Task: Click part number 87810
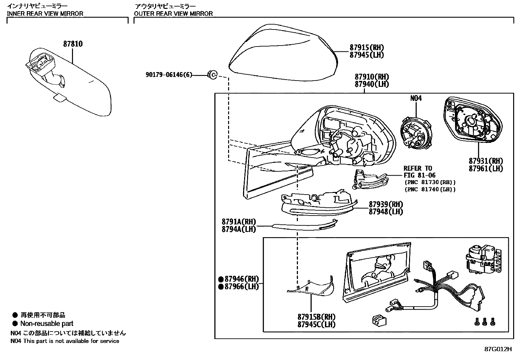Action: tap(73, 44)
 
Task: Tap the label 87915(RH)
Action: tap(367, 47)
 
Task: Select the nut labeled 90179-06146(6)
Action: tap(169, 75)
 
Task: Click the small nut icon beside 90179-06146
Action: tap(212, 75)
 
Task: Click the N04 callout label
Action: tap(416, 98)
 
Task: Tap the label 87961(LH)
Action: tap(486, 169)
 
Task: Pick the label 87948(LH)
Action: tap(386, 212)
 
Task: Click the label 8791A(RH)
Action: tap(239, 222)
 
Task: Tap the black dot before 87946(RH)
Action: tap(221, 279)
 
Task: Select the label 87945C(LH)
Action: tap(316, 324)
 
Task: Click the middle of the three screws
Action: tap(485, 322)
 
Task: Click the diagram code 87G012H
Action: tap(497, 349)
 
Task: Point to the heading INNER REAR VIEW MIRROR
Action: tap(45, 13)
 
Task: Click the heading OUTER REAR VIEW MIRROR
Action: tap(173, 13)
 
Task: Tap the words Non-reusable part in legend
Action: tap(47, 324)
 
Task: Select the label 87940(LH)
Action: tap(372, 84)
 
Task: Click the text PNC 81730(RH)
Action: tap(430, 182)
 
